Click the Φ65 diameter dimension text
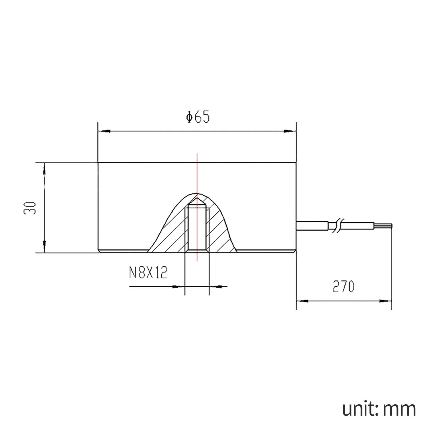(x=198, y=117)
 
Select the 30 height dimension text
(x=30, y=208)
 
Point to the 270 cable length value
(x=343, y=287)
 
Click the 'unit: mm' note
(x=379, y=409)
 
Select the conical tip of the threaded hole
(x=197, y=202)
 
